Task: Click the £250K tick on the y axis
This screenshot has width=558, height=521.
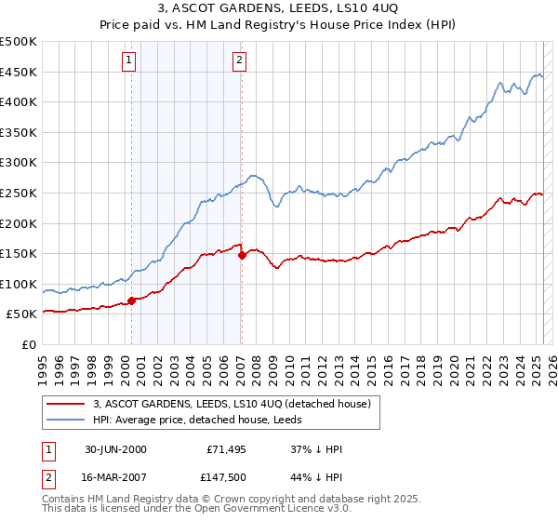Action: tap(20, 193)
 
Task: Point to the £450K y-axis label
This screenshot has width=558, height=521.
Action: tap(20, 72)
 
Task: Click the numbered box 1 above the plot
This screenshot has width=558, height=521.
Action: tap(128, 60)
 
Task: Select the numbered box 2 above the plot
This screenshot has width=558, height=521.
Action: tap(239, 60)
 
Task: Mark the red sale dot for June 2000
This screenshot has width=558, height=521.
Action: tap(132, 301)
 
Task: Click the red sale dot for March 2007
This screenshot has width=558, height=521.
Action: tap(242, 254)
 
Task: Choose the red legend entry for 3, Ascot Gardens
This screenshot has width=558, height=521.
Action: tap(232, 404)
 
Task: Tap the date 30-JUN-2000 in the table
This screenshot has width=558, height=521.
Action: tap(115, 449)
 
